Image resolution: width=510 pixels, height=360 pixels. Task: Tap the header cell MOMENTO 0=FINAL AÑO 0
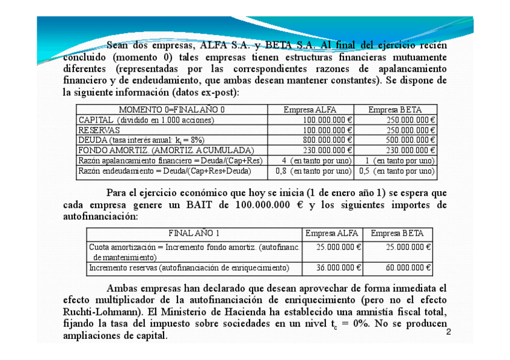[x=172, y=110]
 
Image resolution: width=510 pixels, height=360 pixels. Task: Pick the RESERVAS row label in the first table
[x=99, y=130]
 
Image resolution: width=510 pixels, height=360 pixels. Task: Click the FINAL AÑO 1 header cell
[x=194, y=233]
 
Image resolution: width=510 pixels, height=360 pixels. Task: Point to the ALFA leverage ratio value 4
[x=284, y=160]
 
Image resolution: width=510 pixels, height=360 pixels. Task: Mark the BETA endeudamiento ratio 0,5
[x=364, y=171]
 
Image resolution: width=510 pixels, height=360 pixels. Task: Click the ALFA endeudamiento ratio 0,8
[x=281, y=171]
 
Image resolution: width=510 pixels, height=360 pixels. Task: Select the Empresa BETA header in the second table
[x=397, y=233]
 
